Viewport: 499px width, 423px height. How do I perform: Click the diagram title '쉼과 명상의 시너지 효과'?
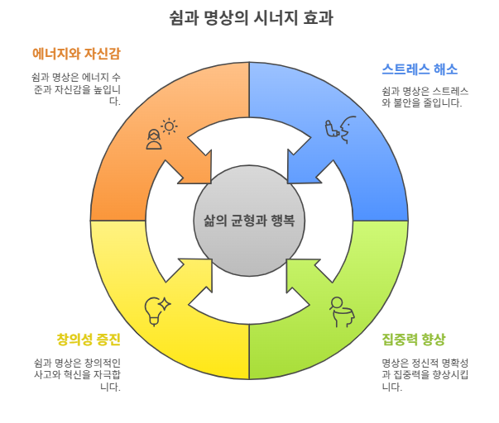tap(249, 17)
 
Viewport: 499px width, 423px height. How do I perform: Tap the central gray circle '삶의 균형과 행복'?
tap(249, 221)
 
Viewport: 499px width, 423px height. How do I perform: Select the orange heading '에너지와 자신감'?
tap(76, 55)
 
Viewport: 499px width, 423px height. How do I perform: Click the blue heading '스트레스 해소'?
tap(420, 69)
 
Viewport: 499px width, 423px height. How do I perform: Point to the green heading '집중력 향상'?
tap(414, 340)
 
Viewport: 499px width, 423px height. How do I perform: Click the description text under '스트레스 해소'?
tap(425, 97)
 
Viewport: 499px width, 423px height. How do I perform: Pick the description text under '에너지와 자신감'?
tap(76, 88)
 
